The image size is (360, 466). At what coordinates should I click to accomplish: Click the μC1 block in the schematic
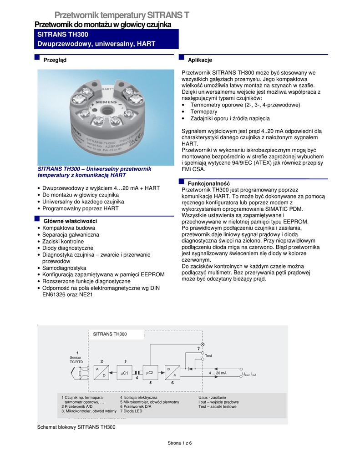pos(125,373)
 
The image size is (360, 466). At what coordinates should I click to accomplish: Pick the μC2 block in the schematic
pos(150,373)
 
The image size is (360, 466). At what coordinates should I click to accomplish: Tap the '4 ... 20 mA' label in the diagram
pos(218,373)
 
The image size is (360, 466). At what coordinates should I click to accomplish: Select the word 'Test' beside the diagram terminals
pos(209,355)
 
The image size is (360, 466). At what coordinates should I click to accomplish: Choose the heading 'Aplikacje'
pos(200,60)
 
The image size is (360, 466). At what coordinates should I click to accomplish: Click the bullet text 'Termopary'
pos(203,111)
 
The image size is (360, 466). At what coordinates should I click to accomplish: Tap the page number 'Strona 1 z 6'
pos(180,443)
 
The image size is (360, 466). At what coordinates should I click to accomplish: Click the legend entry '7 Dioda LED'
pos(131,411)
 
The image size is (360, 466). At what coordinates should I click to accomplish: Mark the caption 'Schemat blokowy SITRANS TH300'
pos(76,427)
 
